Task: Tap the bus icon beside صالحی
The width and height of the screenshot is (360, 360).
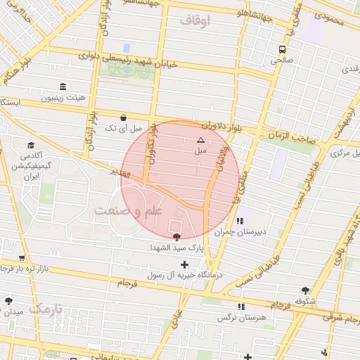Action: (x=282, y=49)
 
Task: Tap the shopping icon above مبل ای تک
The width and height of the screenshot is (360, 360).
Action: (x=124, y=117)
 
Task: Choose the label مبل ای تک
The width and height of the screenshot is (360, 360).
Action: (x=123, y=129)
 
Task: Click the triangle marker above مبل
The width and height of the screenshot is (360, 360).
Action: (x=200, y=140)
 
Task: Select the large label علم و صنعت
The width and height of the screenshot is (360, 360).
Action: (x=129, y=211)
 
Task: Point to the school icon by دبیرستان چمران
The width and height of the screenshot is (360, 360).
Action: (x=242, y=220)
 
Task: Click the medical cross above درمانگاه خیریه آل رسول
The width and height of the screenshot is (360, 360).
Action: (x=185, y=264)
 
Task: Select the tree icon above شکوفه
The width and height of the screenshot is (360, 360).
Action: (x=305, y=290)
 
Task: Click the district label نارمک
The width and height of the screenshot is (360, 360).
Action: (x=47, y=308)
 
